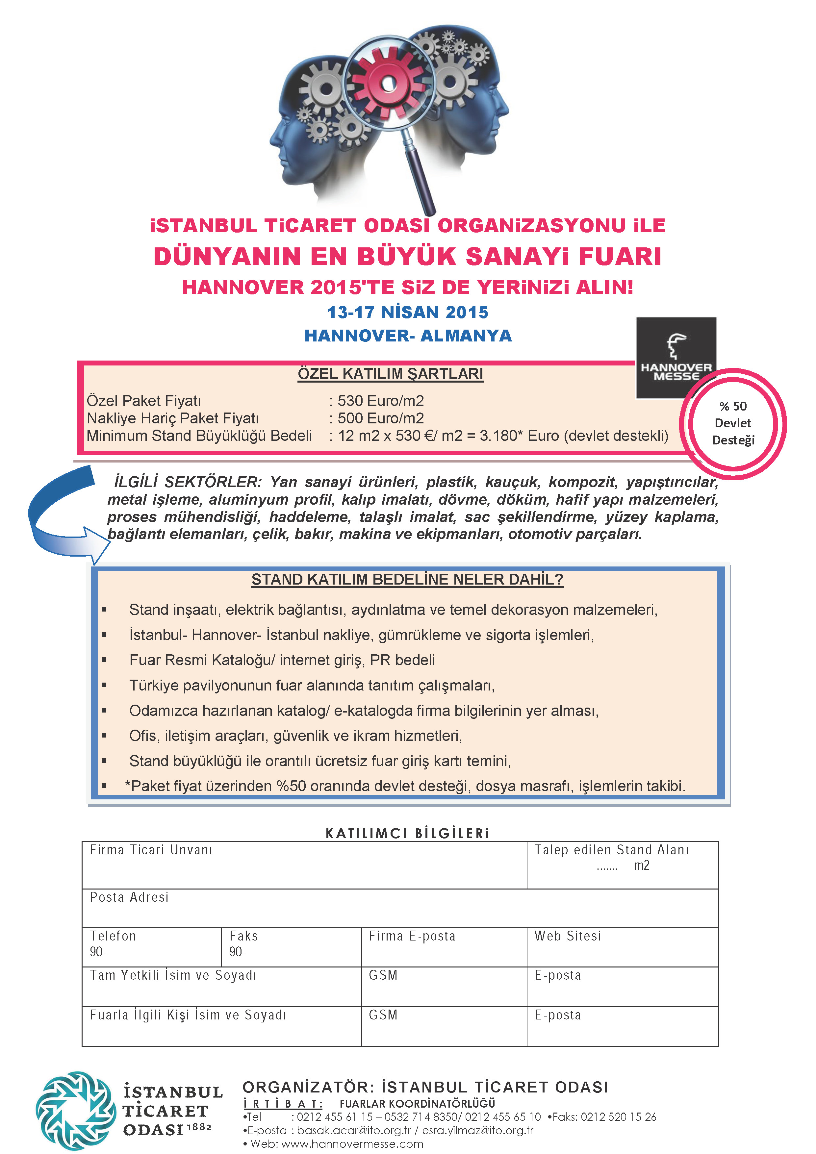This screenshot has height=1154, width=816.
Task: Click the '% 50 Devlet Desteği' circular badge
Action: coord(732,423)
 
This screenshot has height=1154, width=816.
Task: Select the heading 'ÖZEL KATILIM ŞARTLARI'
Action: coord(390,374)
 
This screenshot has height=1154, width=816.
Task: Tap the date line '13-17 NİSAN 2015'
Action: coord(408,312)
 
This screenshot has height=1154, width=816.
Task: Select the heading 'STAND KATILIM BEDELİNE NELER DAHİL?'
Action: coord(407,580)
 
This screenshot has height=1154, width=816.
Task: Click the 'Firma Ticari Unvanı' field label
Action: coord(151,850)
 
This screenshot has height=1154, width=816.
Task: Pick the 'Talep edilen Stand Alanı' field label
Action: coord(611,850)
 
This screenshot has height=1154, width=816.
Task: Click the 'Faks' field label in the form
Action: coord(243,936)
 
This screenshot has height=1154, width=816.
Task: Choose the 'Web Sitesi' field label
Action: coord(567,936)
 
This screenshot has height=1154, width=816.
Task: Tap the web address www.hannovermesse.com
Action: coord(352,1143)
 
